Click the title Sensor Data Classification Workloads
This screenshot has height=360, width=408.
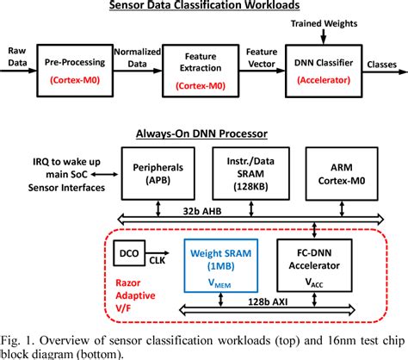(x=203, y=7)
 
